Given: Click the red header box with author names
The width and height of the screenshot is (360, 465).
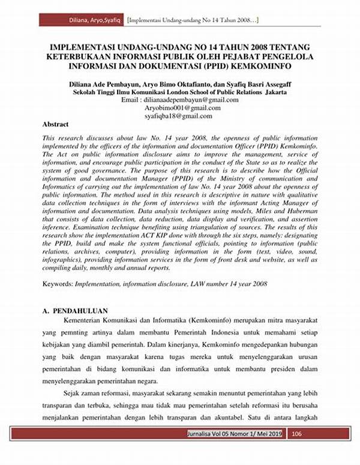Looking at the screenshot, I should click(x=82, y=20).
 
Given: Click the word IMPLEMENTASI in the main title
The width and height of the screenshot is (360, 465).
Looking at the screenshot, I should click(x=85, y=46).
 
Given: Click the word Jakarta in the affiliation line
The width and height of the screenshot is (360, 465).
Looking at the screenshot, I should click(x=273, y=93).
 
